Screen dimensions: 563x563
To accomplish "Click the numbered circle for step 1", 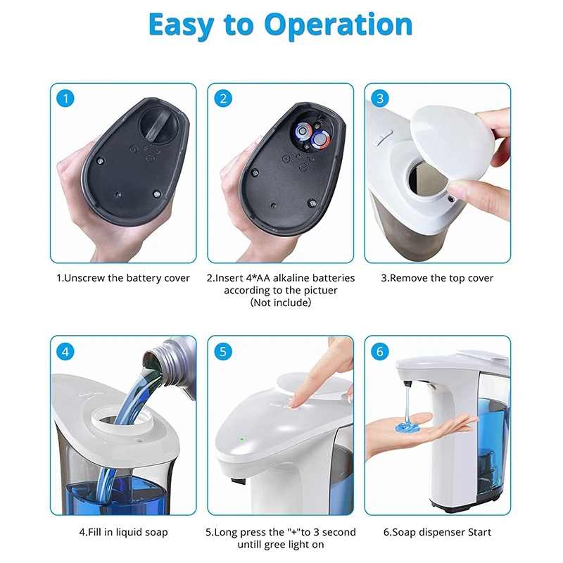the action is click(65, 99).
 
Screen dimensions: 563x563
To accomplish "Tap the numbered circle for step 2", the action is click(223, 99).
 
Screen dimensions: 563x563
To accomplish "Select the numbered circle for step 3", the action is click(380, 99).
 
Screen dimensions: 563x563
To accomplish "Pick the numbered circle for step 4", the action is click(65, 351).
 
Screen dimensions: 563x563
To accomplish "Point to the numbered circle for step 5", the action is click(223, 351).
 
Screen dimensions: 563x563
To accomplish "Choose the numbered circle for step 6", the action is click(380, 351).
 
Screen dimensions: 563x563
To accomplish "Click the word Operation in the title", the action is click(338, 26).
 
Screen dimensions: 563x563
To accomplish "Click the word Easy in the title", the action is click(182, 26).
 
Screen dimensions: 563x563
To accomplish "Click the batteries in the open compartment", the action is click(312, 135).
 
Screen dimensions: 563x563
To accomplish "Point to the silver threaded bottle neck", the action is click(168, 359).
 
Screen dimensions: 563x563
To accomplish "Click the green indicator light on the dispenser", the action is click(242, 438).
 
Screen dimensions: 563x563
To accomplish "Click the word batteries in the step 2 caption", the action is click(334, 278).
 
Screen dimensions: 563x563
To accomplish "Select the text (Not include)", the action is click(280, 303).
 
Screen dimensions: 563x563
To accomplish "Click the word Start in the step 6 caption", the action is click(479, 532).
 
